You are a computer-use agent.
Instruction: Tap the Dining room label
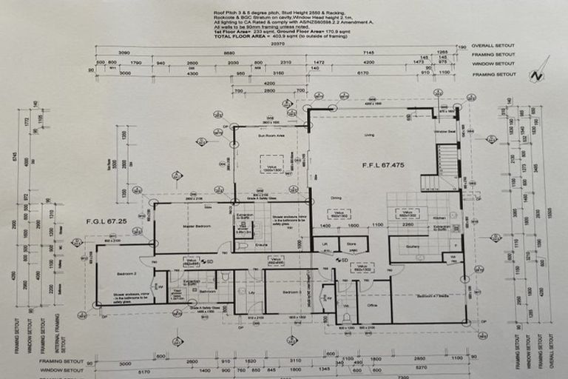click(336, 198)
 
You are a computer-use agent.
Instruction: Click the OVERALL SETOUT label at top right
click(494, 46)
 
